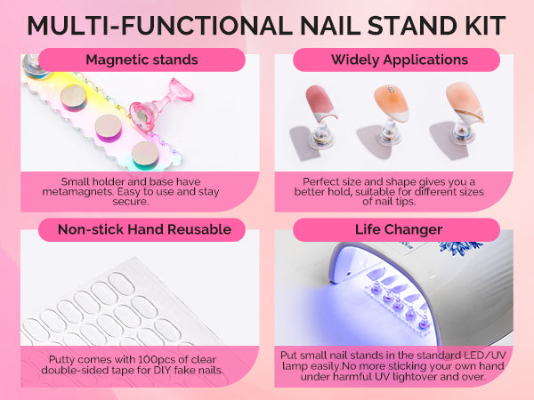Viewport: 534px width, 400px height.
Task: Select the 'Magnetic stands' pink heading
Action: click(x=142, y=60)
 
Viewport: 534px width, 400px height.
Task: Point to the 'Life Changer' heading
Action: click(x=399, y=229)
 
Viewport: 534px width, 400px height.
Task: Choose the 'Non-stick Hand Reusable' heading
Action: click(x=144, y=229)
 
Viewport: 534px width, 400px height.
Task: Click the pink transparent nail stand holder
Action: click(x=161, y=103)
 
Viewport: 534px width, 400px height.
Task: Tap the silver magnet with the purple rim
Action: click(x=109, y=127)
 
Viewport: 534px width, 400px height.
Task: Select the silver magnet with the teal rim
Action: click(x=145, y=155)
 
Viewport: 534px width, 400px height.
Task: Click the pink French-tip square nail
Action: click(x=320, y=103)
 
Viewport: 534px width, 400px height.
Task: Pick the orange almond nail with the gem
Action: click(x=392, y=103)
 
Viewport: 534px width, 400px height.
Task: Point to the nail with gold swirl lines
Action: click(x=465, y=102)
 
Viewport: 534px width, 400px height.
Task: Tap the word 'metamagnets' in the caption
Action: click(x=77, y=191)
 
